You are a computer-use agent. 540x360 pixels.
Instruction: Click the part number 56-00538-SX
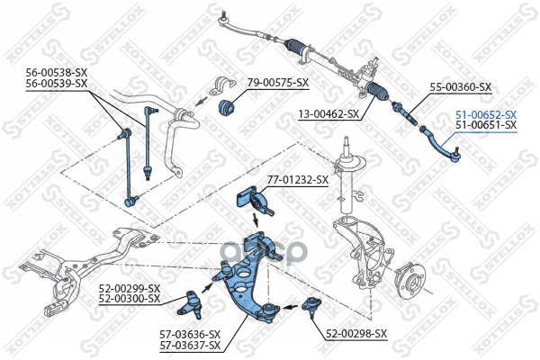[x=56, y=73]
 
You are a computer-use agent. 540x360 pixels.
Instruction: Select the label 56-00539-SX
[x=56, y=83]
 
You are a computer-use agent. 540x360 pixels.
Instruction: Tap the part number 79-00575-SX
[x=278, y=83]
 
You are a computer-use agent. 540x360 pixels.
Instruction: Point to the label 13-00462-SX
[x=328, y=114]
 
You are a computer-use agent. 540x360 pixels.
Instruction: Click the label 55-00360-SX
[x=460, y=87]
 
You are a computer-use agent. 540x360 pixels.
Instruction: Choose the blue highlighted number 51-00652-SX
[x=486, y=114]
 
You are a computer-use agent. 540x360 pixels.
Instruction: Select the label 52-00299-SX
[x=130, y=288]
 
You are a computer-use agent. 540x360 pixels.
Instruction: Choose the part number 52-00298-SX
[x=356, y=333]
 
